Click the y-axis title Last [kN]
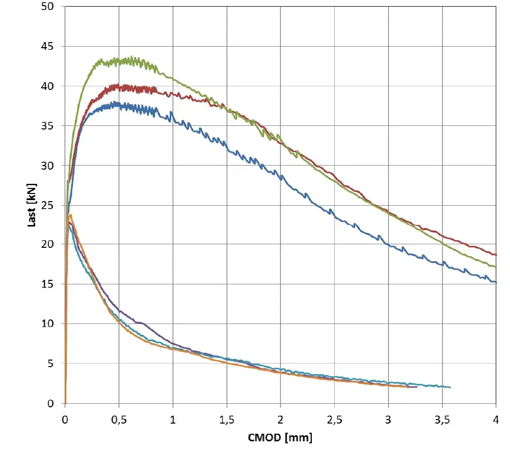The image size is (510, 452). (31, 205)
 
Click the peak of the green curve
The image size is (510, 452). (132, 57)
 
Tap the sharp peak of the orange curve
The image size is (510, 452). (71, 215)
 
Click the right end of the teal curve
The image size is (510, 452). (450, 388)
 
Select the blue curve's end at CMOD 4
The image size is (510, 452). (495, 282)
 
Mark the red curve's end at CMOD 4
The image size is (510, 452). (495, 254)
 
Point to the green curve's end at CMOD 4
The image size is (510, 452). (495, 267)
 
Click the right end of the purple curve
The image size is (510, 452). (417, 387)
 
